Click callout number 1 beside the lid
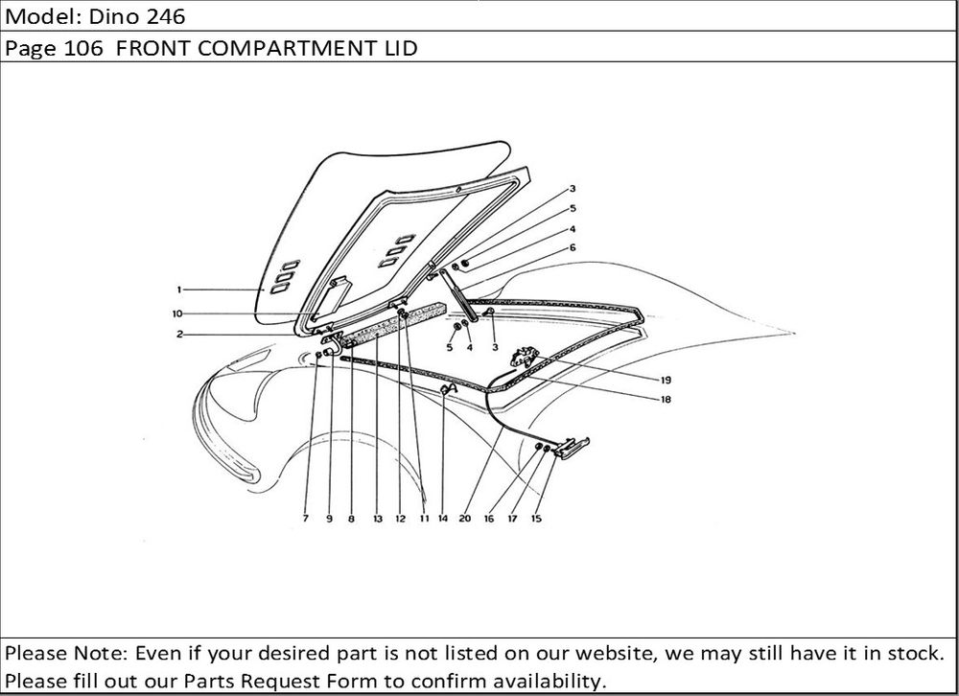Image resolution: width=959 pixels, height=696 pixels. [x=178, y=289]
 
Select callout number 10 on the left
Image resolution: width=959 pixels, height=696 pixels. [x=177, y=313]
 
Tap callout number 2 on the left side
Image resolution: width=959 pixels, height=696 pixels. [x=178, y=335]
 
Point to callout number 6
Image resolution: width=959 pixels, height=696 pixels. [x=573, y=247]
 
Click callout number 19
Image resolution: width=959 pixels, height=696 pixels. [x=666, y=380]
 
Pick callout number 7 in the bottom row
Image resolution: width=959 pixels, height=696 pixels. [x=305, y=519]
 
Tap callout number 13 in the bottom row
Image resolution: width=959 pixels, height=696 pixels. [x=377, y=519]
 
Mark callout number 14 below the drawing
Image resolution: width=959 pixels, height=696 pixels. [x=442, y=519]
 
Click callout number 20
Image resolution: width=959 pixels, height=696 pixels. [x=465, y=519]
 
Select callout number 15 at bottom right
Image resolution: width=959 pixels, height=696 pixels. [x=536, y=519]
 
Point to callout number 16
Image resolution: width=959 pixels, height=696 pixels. [x=489, y=519]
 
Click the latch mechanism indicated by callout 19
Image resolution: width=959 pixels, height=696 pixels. [x=524, y=358]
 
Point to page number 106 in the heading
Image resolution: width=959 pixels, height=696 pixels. [x=83, y=48]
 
